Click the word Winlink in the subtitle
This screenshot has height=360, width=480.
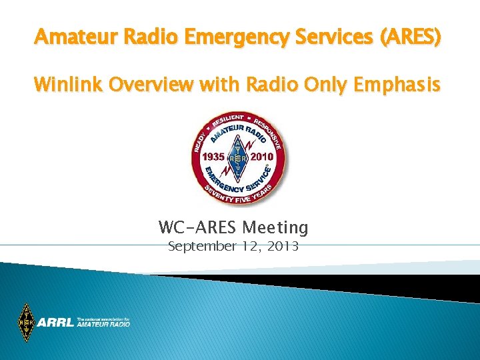(x=66, y=85)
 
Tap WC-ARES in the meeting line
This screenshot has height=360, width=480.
(x=193, y=228)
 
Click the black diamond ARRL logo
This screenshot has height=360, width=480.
(x=27, y=323)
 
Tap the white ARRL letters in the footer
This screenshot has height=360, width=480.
(x=56, y=323)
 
